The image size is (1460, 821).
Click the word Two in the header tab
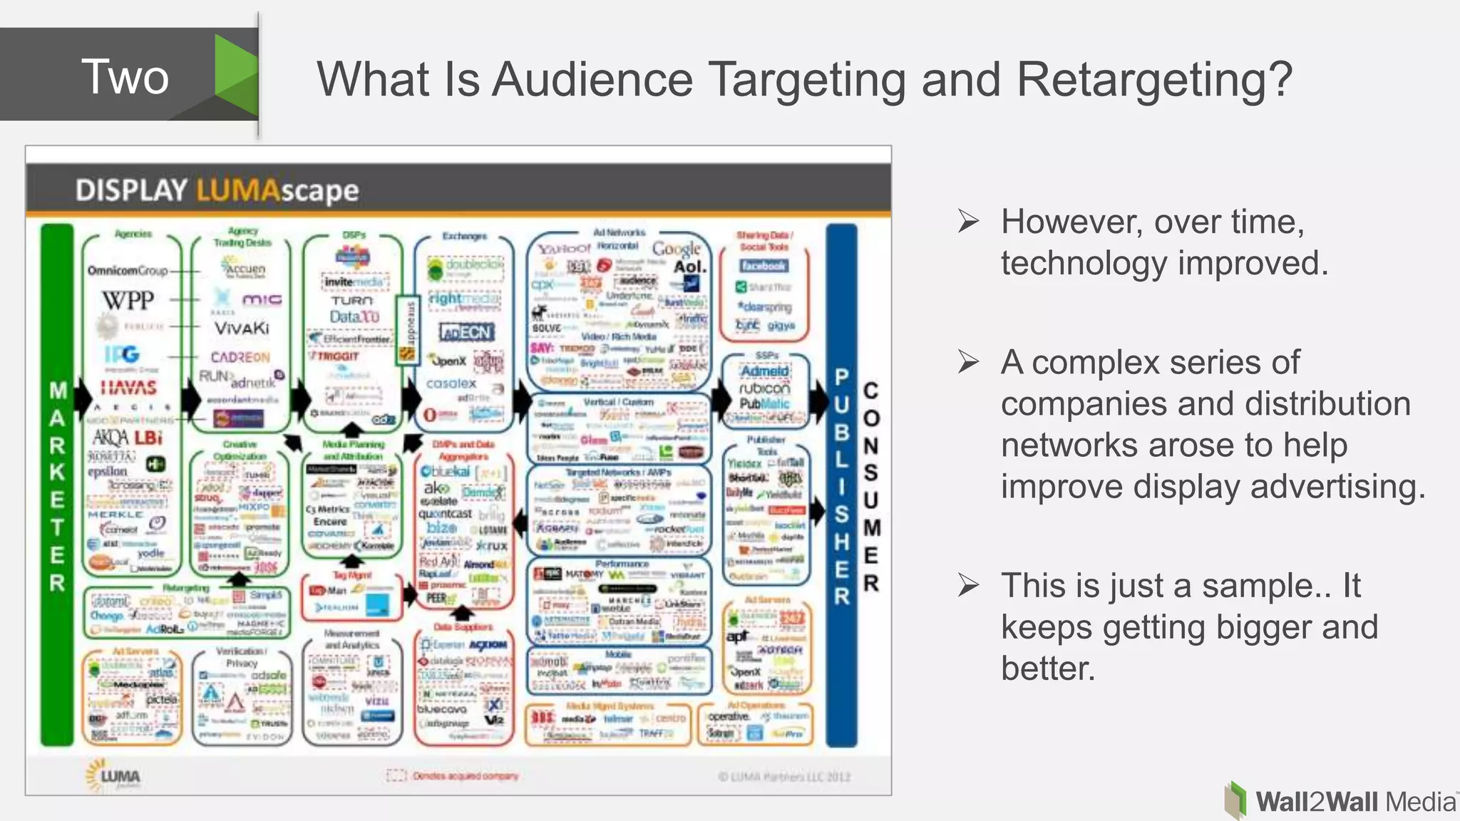125,77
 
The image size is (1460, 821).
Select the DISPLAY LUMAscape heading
217,191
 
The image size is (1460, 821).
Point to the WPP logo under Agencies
128,300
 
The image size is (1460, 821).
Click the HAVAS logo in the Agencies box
128,387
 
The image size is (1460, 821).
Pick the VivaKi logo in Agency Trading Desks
242,328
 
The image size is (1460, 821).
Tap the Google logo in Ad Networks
677,249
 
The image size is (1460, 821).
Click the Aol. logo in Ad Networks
689,267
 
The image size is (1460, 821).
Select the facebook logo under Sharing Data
764,266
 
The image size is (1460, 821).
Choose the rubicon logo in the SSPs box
764,388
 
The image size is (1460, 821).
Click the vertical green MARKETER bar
57,485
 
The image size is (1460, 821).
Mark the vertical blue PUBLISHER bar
841,485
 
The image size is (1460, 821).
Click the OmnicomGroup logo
128,271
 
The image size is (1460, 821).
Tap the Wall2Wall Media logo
1340,801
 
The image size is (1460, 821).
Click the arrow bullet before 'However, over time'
968,222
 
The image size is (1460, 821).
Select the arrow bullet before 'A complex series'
968,362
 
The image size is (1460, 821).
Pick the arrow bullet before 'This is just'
968,586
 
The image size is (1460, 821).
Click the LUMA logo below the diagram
114,776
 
